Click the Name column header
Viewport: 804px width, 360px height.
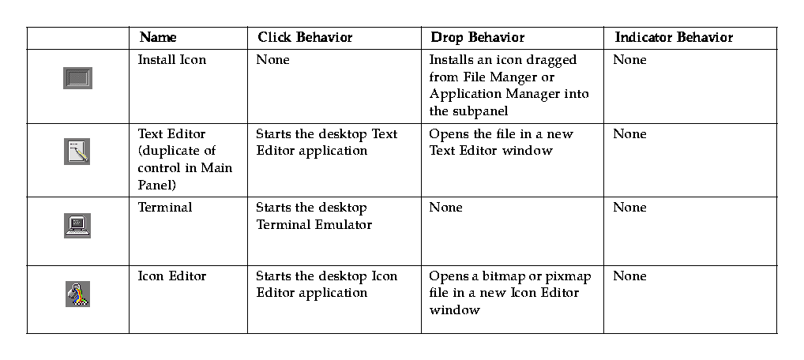(158, 38)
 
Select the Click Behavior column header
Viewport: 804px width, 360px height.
(305, 38)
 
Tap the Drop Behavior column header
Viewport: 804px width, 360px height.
(477, 38)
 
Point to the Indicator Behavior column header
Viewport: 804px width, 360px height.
(674, 38)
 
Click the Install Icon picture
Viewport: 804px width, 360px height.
(77, 78)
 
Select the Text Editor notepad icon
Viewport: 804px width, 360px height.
(77, 151)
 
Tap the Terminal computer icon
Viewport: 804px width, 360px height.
(77, 225)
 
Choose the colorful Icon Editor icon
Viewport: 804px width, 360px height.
(77, 294)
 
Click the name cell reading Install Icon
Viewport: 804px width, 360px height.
(171, 60)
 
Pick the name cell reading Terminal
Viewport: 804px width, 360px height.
(164, 208)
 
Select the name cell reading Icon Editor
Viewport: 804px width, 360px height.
(171, 276)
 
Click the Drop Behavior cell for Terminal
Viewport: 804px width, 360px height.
(445, 208)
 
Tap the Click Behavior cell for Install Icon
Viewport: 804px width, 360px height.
(272, 60)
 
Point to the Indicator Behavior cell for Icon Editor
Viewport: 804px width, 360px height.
(629, 276)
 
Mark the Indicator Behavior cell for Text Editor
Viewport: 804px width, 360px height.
(629, 134)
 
